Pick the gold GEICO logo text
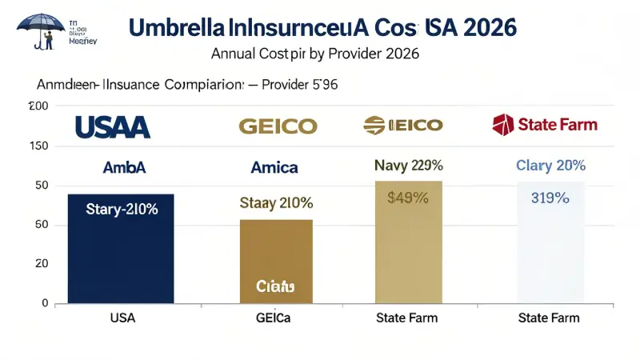click(278, 126)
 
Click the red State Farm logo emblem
click(502, 125)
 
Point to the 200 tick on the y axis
click(39, 106)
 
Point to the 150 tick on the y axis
click(39, 146)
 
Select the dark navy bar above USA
click(120, 256)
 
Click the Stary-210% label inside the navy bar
click(121, 210)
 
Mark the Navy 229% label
click(408, 166)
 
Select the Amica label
click(274, 168)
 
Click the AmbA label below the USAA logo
click(124, 168)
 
